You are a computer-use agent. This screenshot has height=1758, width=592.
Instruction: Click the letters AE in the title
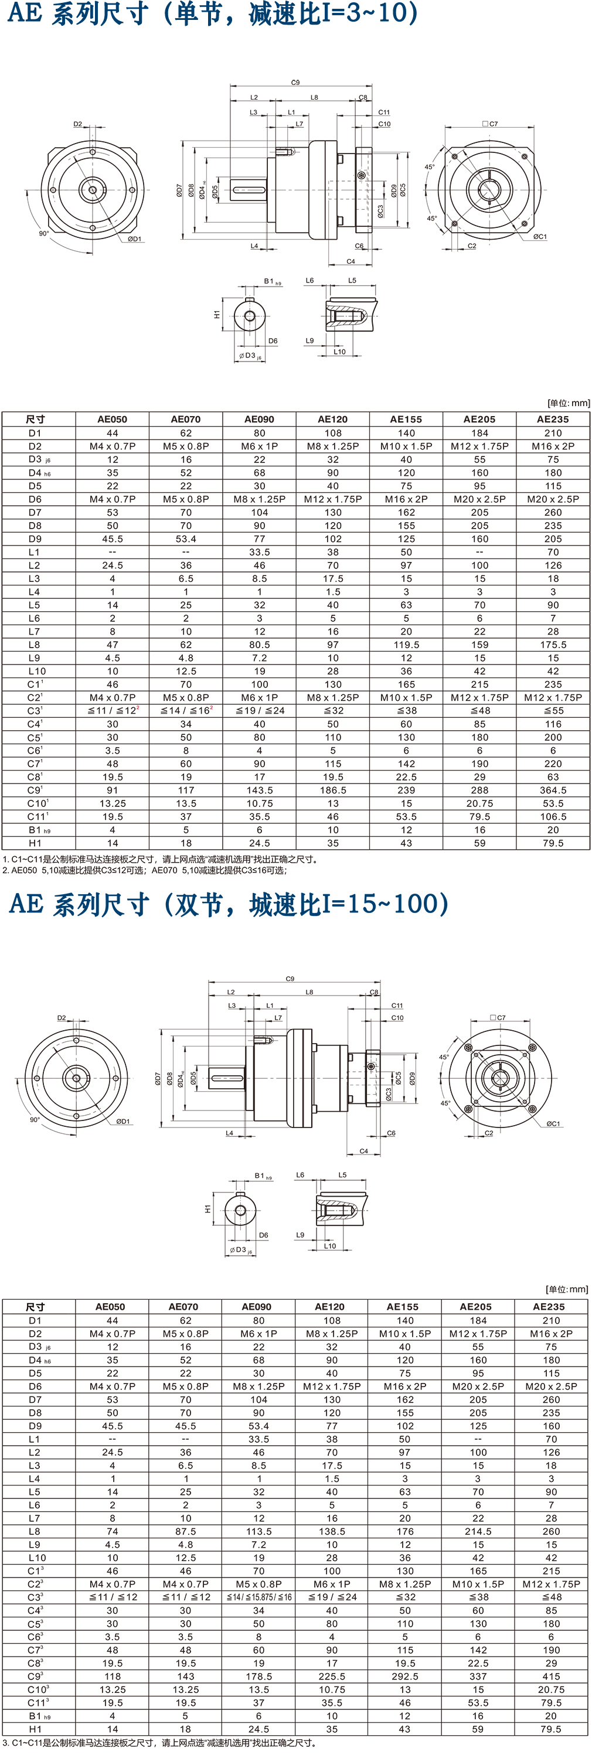click(x=24, y=13)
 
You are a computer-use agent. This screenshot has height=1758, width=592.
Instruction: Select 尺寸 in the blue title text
click(x=124, y=13)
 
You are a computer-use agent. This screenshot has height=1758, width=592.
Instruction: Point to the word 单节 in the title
click(x=198, y=13)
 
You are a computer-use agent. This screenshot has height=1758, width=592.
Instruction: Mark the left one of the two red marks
click(x=140, y=708)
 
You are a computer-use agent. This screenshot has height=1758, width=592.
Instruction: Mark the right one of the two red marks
click(x=213, y=708)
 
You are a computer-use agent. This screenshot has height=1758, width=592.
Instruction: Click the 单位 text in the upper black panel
click(x=559, y=403)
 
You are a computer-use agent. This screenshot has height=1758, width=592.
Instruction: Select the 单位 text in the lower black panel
click(x=558, y=1289)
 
